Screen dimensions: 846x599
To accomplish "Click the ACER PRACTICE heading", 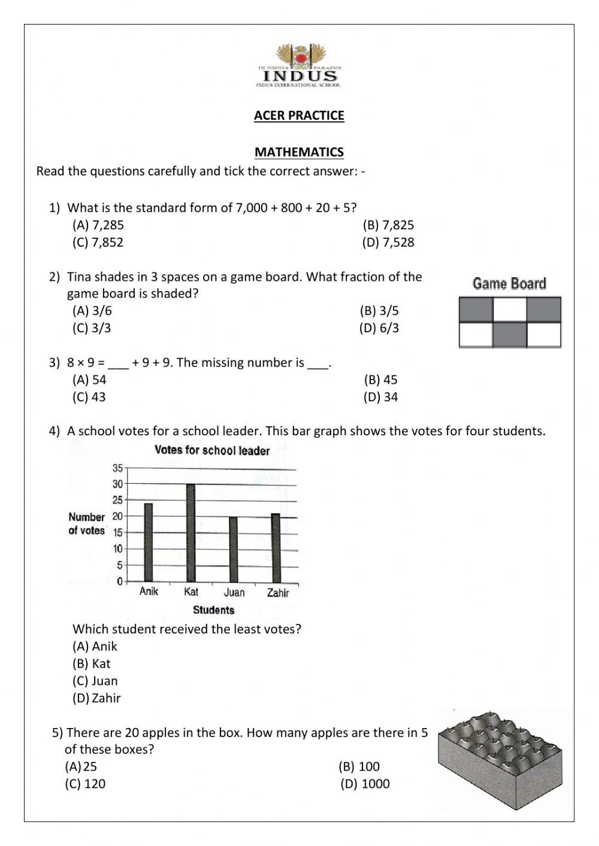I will point(299,116).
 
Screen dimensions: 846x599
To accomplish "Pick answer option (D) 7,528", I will point(388,242).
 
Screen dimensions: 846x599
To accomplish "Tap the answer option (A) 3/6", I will point(92,311).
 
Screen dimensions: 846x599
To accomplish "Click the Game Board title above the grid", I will point(509,284).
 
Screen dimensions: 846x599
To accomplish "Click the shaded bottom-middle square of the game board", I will point(510,335).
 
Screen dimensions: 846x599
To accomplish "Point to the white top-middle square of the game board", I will point(510,310).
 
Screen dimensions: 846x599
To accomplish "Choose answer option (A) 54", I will point(89,380).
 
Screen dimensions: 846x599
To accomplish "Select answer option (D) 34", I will point(380,397).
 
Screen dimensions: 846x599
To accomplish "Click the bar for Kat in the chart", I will point(191,532).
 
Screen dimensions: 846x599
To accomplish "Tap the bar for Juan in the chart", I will point(234,548).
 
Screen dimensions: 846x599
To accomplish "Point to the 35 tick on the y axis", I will point(117,468).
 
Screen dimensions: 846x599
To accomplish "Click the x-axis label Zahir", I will point(278,593).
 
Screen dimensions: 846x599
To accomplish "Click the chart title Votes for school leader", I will point(212,451).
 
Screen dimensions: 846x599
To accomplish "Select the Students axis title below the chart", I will point(213,610).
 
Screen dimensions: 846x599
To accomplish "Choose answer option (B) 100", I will point(359,766).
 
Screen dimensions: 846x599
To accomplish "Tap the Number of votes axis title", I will point(87,524).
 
